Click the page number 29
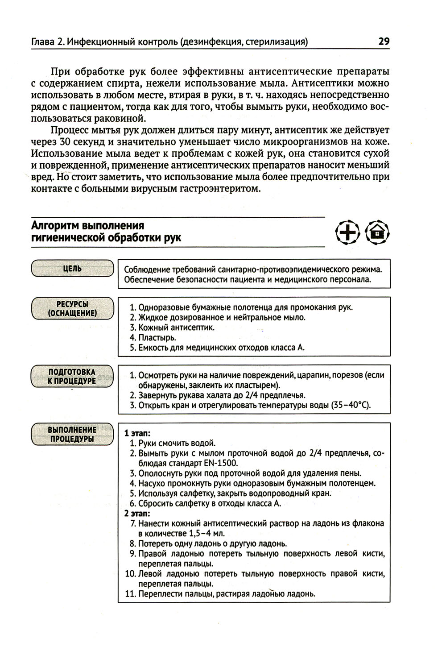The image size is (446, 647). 384,41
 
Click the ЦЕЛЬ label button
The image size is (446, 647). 72,269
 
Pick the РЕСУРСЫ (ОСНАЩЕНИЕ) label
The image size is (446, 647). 72,308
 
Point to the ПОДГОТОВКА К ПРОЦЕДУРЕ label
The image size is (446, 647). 72,376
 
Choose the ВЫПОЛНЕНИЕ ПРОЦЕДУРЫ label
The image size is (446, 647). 72,434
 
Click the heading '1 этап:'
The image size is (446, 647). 137,433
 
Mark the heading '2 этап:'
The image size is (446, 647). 137,513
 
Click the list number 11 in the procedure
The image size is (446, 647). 131,594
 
